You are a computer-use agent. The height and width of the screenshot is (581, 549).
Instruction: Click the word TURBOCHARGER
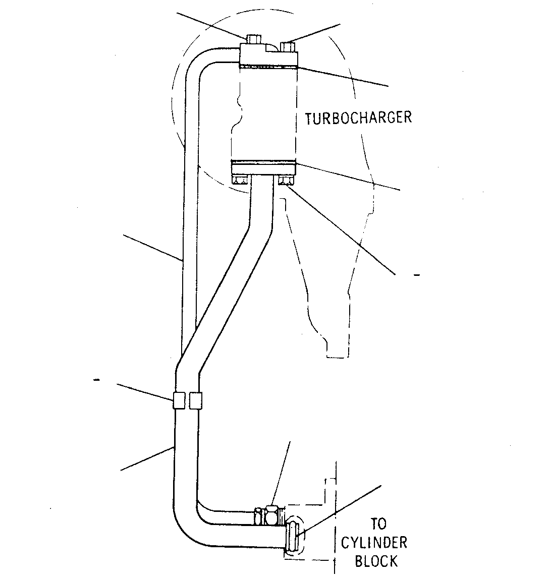tap(358, 118)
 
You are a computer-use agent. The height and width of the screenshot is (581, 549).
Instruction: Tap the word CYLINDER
tap(374, 543)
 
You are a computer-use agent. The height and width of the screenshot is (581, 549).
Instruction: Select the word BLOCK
tap(376, 561)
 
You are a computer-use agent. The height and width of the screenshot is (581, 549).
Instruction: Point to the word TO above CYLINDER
tap(378, 524)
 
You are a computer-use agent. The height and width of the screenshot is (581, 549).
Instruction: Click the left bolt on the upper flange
tap(253, 39)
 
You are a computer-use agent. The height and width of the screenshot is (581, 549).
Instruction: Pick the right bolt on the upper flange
tap(288, 47)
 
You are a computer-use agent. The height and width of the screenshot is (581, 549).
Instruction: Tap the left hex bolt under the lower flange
tap(241, 181)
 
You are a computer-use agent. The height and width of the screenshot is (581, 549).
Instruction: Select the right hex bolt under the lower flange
tap(286, 181)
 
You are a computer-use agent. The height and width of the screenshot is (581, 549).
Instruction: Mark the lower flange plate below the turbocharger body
tap(263, 169)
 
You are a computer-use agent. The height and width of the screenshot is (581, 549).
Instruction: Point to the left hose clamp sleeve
tap(179, 400)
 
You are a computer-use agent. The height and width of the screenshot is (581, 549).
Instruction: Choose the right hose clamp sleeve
tap(195, 400)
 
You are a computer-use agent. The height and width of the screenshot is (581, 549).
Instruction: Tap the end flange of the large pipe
tap(292, 536)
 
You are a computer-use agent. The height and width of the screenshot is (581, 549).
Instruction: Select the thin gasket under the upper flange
tap(269, 67)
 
